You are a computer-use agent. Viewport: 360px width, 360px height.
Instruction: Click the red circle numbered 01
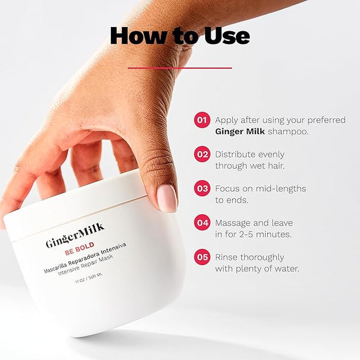[x=202, y=120]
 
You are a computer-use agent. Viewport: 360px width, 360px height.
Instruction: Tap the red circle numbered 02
[x=202, y=154]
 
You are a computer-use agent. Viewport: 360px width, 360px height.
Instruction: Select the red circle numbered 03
[x=202, y=188]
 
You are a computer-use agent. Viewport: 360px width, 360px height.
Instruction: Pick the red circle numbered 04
[x=202, y=223]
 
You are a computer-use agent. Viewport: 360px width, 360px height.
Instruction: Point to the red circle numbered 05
[x=202, y=257]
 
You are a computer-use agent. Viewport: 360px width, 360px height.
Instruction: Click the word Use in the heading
[x=227, y=36]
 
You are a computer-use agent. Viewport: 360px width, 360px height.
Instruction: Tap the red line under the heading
[x=180, y=68]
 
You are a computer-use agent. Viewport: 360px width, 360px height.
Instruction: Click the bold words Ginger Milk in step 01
[x=240, y=132]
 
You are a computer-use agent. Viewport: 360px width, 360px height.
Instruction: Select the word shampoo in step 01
[x=288, y=132]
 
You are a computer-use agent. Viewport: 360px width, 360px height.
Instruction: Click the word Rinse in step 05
[x=227, y=257]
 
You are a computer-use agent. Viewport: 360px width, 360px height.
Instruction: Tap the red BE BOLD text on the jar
[x=79, y=248]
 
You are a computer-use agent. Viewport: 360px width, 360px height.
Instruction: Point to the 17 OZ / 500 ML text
[x=89, y=278]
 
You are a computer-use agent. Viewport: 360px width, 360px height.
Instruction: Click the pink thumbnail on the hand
[x=167, y=199]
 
